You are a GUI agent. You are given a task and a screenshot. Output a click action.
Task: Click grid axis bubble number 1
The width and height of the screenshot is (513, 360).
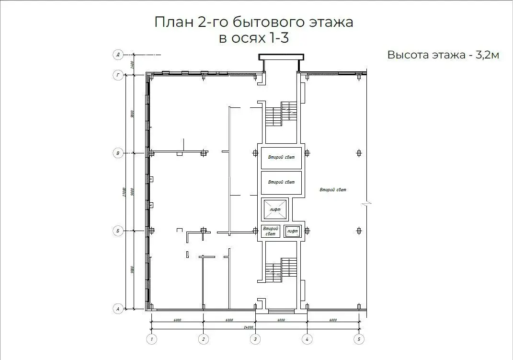click(x=151, y=339)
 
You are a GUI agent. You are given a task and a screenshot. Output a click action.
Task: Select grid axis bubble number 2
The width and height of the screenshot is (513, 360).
click(x=203, y=339)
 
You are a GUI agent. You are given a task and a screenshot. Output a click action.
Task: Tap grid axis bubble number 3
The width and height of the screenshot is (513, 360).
click(x=255, y=339)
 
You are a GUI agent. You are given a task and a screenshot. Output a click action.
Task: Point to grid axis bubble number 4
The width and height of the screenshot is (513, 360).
click(x=307, y=339)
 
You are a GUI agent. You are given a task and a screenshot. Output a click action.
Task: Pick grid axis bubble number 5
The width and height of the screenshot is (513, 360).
click(x=359, y=339)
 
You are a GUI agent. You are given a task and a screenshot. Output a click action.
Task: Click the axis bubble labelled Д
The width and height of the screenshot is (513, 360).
click(x=118, y=55)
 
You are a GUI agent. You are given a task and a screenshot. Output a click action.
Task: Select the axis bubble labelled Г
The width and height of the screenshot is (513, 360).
click(x=118, y=75)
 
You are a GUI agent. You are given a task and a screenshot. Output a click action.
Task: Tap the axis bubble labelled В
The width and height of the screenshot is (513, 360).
click(x=118, y=153)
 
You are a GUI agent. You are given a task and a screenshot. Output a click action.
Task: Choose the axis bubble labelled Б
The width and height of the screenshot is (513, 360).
click(x=118, y=231)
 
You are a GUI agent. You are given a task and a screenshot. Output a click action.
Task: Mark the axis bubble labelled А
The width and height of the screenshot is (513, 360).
click(x=118, y=309)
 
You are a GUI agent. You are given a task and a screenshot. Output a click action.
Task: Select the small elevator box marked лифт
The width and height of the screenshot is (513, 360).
click(x=292, y=231)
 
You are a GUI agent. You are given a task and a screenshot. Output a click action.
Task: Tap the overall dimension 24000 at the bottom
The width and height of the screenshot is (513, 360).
click(x=248, y=327)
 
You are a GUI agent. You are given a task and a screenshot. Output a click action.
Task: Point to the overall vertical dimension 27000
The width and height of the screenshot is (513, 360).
click(x=125, y=192)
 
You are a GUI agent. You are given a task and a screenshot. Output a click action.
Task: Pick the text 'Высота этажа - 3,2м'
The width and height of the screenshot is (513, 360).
click(x=443, y=55)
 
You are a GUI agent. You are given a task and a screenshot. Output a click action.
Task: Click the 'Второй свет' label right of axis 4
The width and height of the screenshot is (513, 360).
click(x=333, y=190)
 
